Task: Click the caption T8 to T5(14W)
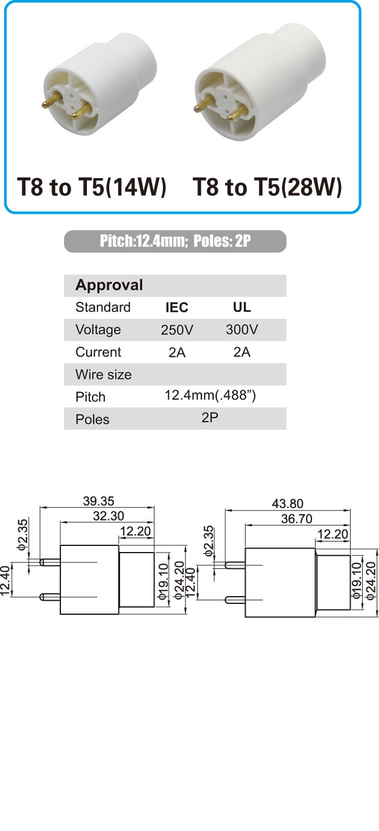pyautogui.click(x=92, y=187)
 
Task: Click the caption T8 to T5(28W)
pyautogui.click(x=267, y=187)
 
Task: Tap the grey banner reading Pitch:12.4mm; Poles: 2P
pyautogui.click(x=175, y=241)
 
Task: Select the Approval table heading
pyautogui.click(x=109, y=285)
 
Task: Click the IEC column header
pyautogui.click(x=177, y=307)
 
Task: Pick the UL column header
pyautogui.click(x=242, y=307)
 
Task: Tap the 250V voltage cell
pyautogui.click(x=177, y=330)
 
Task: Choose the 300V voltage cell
pyautogui.click(x=242, y=329)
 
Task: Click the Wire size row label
pyautogui.click(x=103, y=374)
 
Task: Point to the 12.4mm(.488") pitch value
pyautogui.click(x=210, y=396)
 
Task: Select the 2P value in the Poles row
pyautogui.click(x=210, y=418)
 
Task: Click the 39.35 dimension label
pyautogui.click(x=98, y=501)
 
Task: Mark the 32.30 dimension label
pyautogui.click(x=108, y=516)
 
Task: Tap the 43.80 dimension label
pyautogui.click(x=287, y=504)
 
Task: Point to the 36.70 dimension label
pyautogui.click(x=297, y=519)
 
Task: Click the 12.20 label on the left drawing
pyautogui.click(x=135, y=531)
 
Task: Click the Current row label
pyautogui.click(x=98, y=352)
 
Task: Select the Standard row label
pyautogui.click(x=103, y=307)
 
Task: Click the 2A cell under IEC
pyautogui.click(x=177, y=353)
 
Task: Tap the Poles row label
pyautogui.click(x=92, y=419)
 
